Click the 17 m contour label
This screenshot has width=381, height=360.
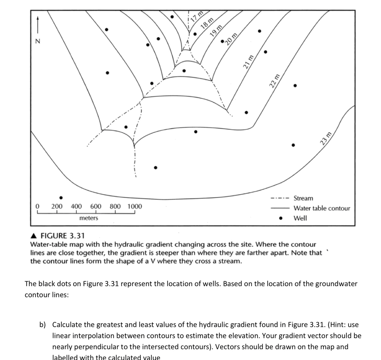(x=197, y=16)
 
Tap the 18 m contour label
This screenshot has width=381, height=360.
(x=207, y=23)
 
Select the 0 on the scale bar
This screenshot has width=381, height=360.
(x=37, y=206)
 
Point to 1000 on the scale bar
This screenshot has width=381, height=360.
(x=135, y=206)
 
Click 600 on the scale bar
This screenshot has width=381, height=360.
(x=96, y=206)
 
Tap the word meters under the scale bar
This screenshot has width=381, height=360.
(x=89, y=218)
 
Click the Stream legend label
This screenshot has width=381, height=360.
(x=303, y=198)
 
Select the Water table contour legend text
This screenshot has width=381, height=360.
(x=322, y=208)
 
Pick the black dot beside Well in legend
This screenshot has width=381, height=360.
(x=281, y=218)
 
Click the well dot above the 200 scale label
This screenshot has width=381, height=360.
(x=61, y=198)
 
